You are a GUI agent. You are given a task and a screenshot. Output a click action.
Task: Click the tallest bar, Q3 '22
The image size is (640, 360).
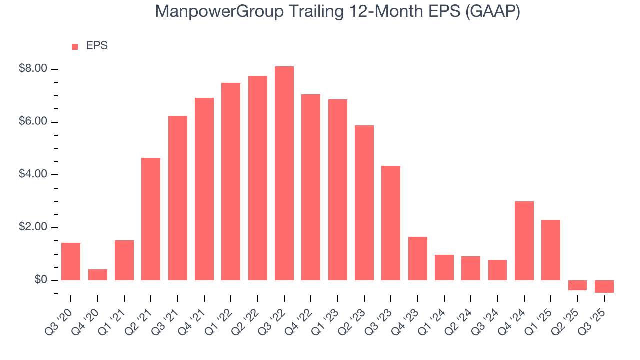point(284,173)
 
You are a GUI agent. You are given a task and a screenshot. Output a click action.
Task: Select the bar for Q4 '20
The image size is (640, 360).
point(98,275)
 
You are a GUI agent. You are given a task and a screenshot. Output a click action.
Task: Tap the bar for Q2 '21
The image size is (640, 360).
point(151,219)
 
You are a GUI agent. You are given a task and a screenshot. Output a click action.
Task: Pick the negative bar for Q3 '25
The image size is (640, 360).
point(604,286)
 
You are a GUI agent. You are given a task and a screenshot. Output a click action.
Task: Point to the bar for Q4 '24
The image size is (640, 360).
point(524,240)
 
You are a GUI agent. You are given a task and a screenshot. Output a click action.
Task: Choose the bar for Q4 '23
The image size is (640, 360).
point(418,258)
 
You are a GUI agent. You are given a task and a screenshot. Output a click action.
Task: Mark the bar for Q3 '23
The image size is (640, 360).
point(391,223)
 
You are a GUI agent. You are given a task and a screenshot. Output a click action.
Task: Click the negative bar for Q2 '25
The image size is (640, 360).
point(577,285)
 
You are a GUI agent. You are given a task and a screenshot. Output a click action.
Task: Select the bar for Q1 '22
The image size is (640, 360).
point(231,181)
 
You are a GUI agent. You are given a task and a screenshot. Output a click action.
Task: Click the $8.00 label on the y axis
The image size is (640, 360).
point(33,69)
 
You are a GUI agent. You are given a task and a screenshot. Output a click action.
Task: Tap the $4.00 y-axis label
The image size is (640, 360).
point(33,174)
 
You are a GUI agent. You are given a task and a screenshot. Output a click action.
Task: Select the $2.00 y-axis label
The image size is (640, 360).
point(33,227)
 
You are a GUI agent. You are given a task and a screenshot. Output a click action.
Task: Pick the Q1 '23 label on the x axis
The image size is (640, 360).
point(327,315)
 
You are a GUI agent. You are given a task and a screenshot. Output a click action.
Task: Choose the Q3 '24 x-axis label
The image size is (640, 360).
point(487,315)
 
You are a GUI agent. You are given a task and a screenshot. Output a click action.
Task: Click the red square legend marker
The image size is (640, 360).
point(75,46)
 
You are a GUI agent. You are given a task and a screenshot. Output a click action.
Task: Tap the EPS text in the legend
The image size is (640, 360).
point(97,46)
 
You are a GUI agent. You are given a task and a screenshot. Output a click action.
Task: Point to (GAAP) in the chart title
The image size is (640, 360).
point(492,11)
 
